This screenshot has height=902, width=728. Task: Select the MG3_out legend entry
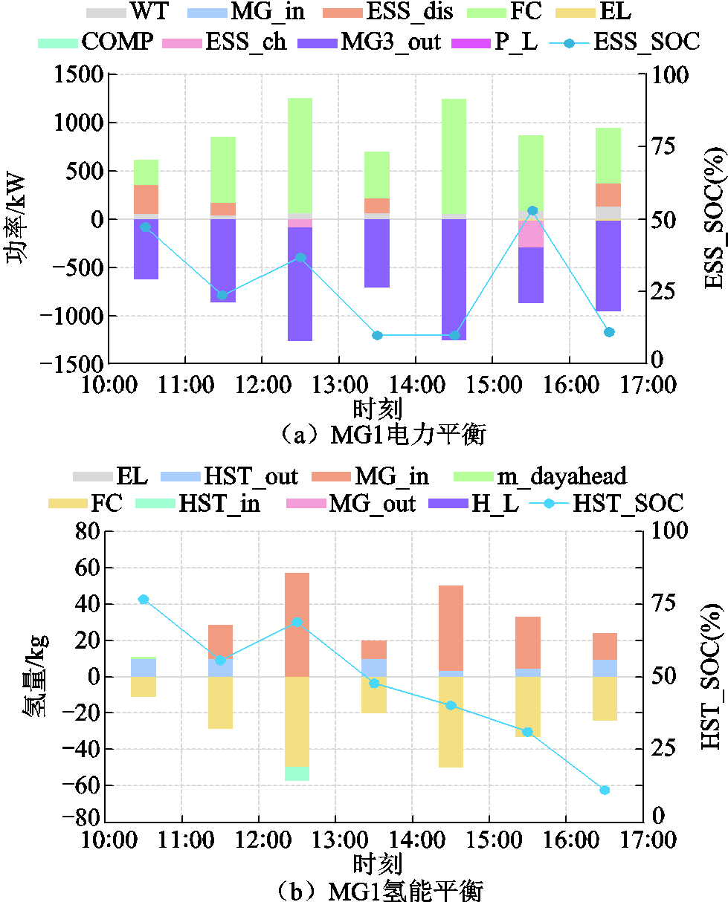click(x=373, y=41)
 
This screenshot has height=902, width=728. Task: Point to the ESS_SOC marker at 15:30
click(x=532, y=211)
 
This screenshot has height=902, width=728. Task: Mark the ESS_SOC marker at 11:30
click(x=222, y=295)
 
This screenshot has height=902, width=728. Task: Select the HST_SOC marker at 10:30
click(x=144, y=600)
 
